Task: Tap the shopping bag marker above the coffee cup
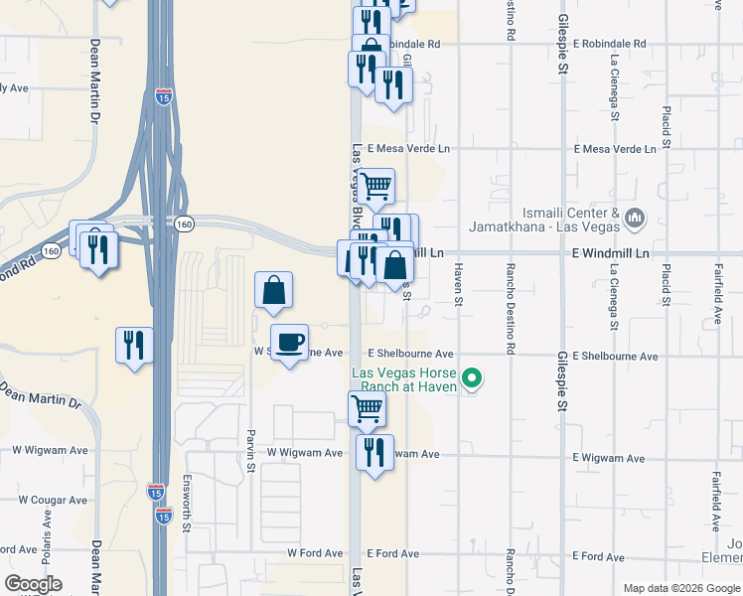coord(273,291)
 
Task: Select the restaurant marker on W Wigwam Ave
coord(374,453)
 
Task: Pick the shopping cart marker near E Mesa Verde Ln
coord(375,187)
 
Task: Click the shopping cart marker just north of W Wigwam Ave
coord(367,408)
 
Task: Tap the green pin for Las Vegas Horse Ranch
coord(474,378)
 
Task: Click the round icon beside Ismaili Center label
coord(637,216)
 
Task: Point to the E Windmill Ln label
coord(610,254)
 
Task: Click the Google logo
coord(33,584)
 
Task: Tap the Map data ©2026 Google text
coord(680,588)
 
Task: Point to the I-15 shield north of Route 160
coord(164,96)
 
